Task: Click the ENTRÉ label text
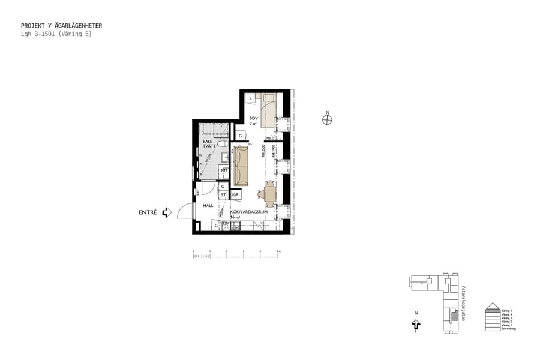pos(148,212)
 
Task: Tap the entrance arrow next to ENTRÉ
pos(166,212)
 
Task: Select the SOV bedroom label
pos(254,118)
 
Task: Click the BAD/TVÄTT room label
pos(209,144)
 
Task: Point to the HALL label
pos(208,205)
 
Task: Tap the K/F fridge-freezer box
pos(236,195)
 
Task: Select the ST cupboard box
pos(223,195)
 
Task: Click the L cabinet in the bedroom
pos(250,97)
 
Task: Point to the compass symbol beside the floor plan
pos(327,119)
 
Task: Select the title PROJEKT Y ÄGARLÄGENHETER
pos(61,26)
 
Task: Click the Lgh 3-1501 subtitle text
pos(56,34)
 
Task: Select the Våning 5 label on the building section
pos(506,310)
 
